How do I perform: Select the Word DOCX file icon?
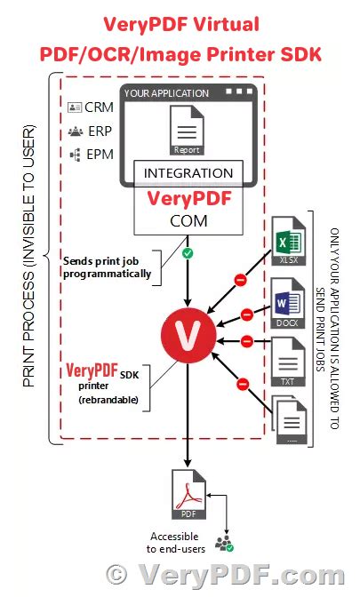[285, 301]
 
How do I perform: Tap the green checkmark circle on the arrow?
[188, 254]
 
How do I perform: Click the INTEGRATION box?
[188, 172]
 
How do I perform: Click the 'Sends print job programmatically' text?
[107, 267]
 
